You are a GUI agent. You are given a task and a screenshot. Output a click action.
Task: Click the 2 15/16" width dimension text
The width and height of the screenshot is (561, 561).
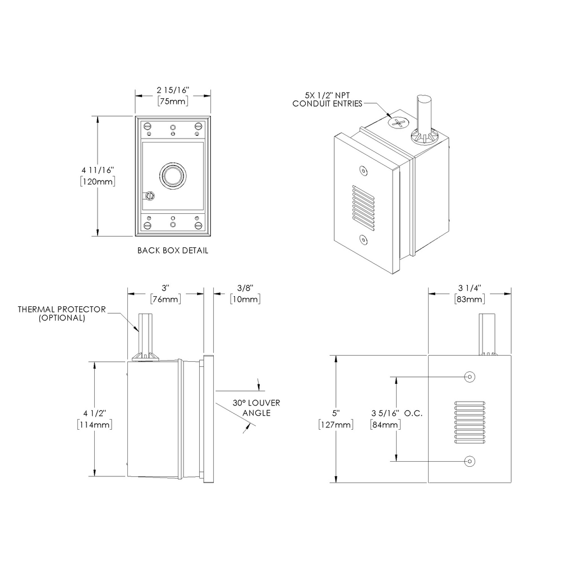tap(172, 90)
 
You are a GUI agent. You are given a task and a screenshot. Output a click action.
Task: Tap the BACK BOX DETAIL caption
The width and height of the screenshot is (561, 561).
tap(173, 251)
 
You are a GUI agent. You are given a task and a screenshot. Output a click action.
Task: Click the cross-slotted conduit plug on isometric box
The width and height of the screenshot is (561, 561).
tap(397, 123)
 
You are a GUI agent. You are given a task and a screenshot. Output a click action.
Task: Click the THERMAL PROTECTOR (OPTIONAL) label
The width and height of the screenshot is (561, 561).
tap(62, 313)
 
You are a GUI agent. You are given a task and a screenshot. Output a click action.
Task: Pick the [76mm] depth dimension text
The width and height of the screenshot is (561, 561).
tap(165, 300)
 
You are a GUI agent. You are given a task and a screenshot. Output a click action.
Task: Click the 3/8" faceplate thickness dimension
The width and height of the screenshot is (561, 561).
tap(245, 287)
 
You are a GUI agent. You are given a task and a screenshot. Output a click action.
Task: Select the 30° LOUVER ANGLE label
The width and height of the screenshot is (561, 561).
tap(256, 408)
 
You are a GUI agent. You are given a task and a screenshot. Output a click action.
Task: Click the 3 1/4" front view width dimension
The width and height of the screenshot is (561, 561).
tap(470, 288)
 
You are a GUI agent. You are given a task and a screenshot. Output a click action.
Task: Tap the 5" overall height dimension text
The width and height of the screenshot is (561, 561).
tap(335, 413)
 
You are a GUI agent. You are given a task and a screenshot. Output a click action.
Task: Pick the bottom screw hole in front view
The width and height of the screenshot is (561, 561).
tap(469, 461)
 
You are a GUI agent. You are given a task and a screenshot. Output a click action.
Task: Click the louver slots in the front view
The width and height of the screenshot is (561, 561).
tap(469, 418)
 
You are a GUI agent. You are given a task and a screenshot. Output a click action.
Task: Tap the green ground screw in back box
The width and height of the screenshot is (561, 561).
tap(149, 196)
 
